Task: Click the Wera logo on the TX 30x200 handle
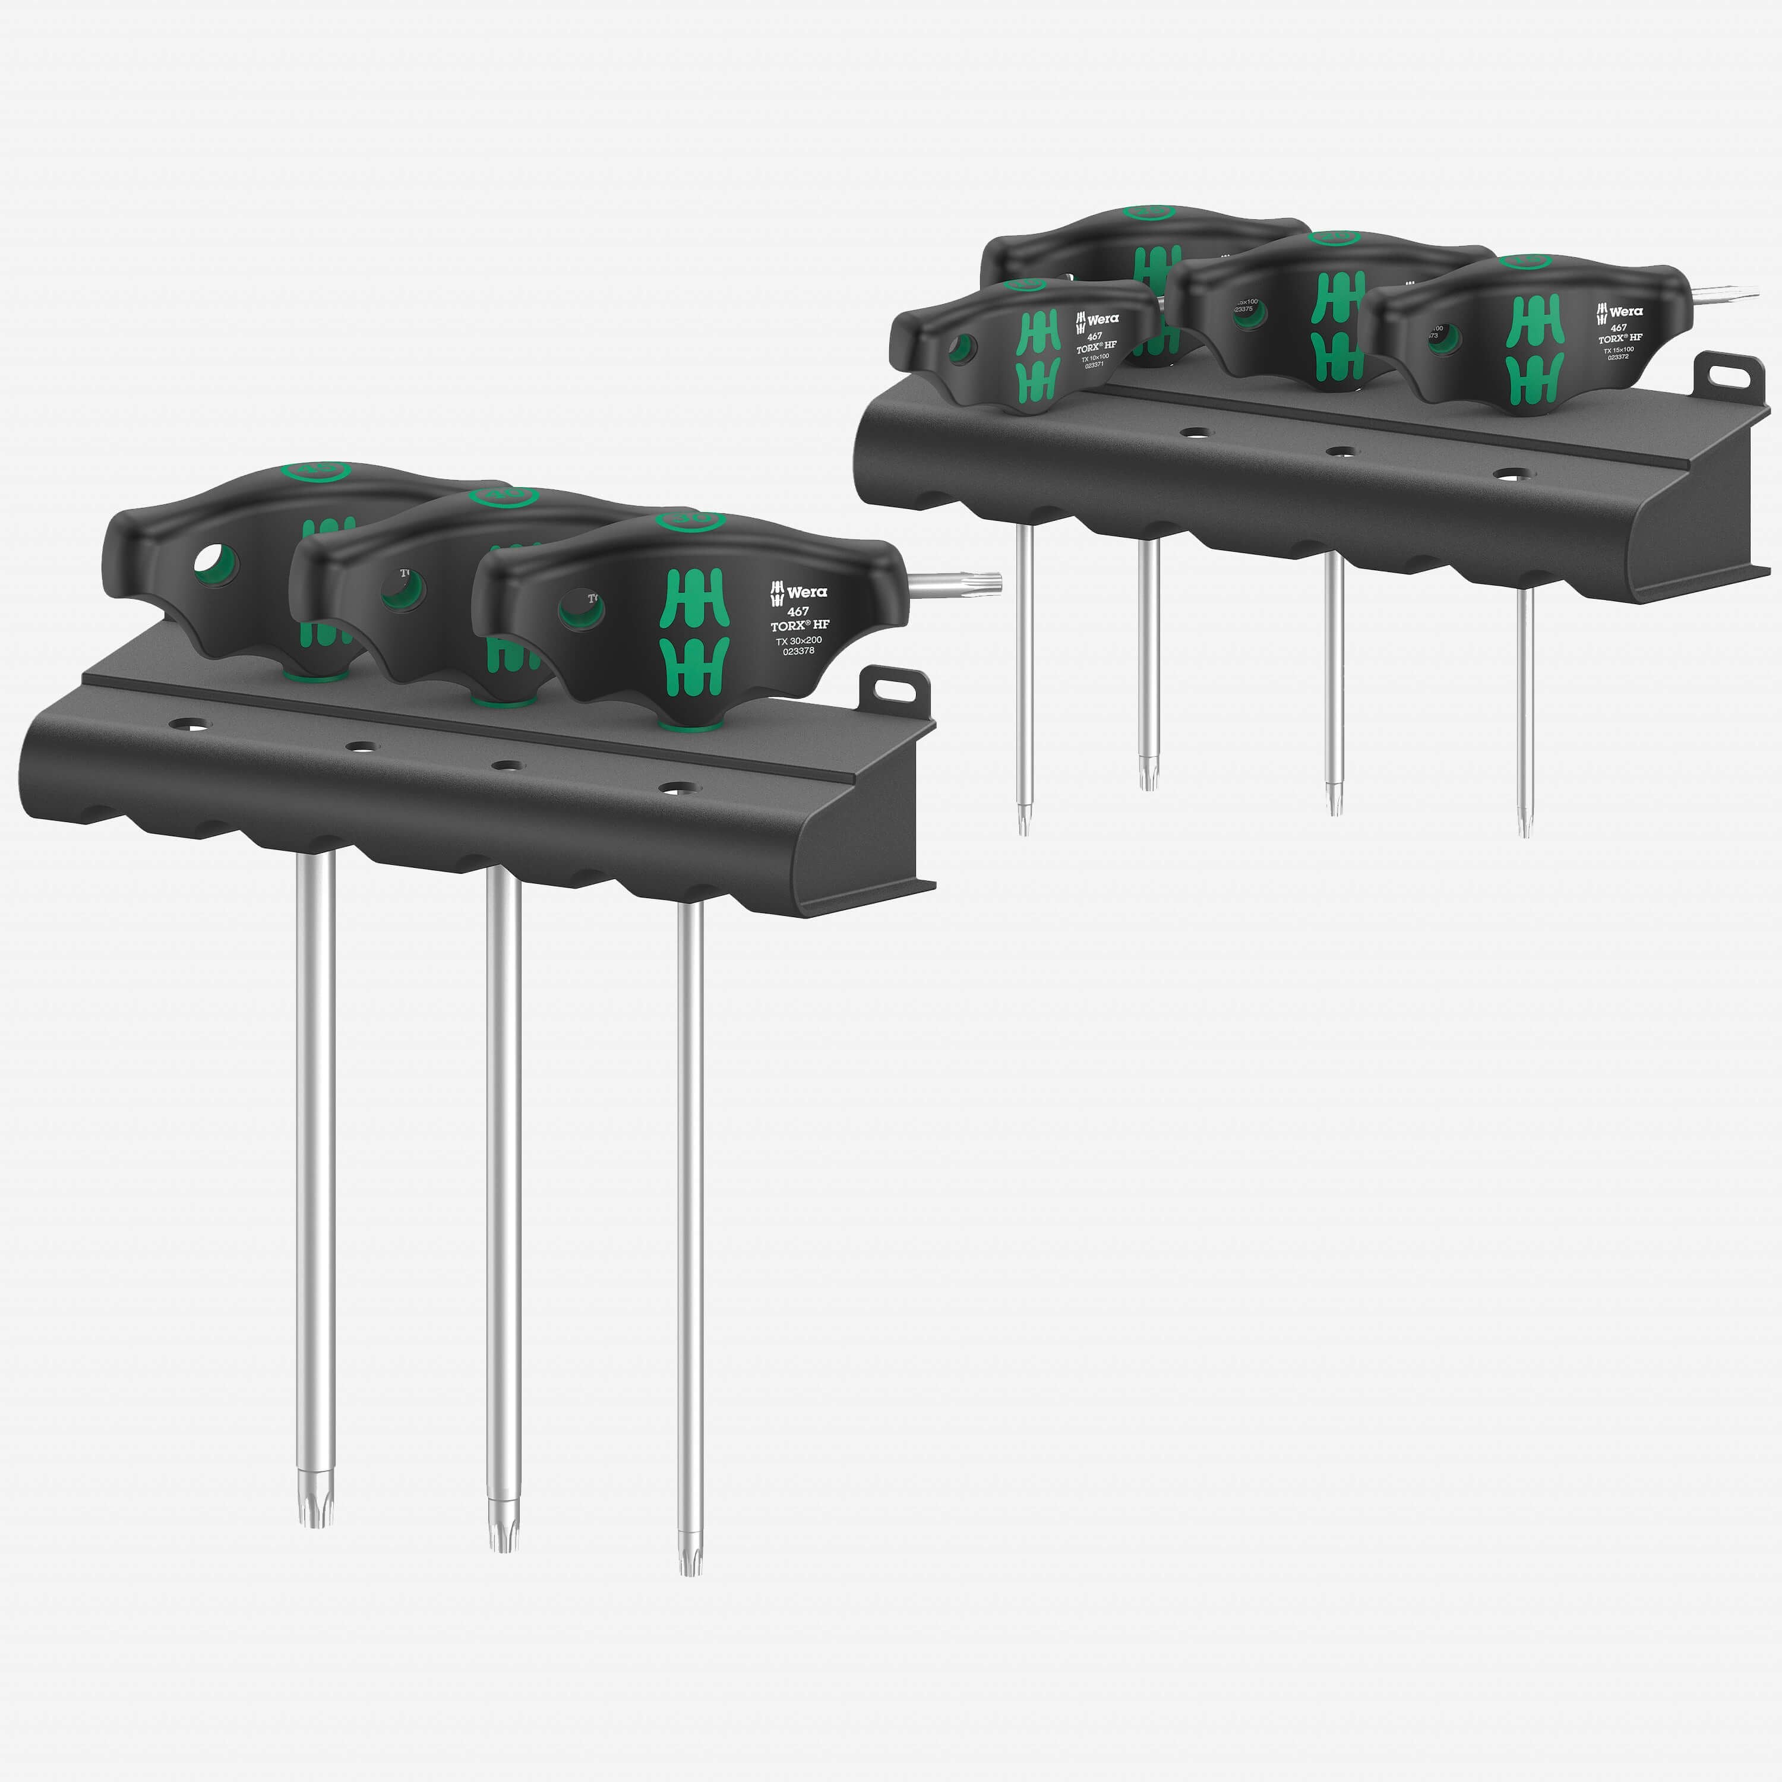tap(800, 591)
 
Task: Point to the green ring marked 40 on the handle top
tap(504, 495)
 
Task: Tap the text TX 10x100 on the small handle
tap(1096, 358)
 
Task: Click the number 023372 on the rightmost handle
tap(1618, 357)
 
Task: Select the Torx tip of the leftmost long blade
tap(315, 1513)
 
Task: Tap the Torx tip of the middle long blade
tap(503, 1535)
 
